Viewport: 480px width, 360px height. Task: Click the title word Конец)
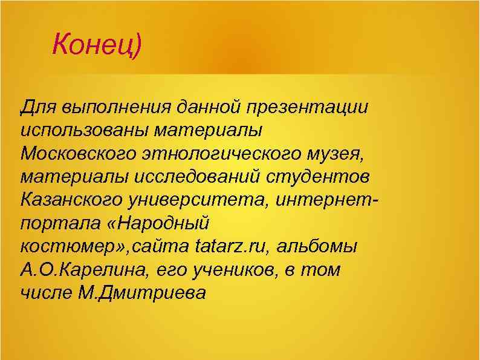click(x=96, y=45)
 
